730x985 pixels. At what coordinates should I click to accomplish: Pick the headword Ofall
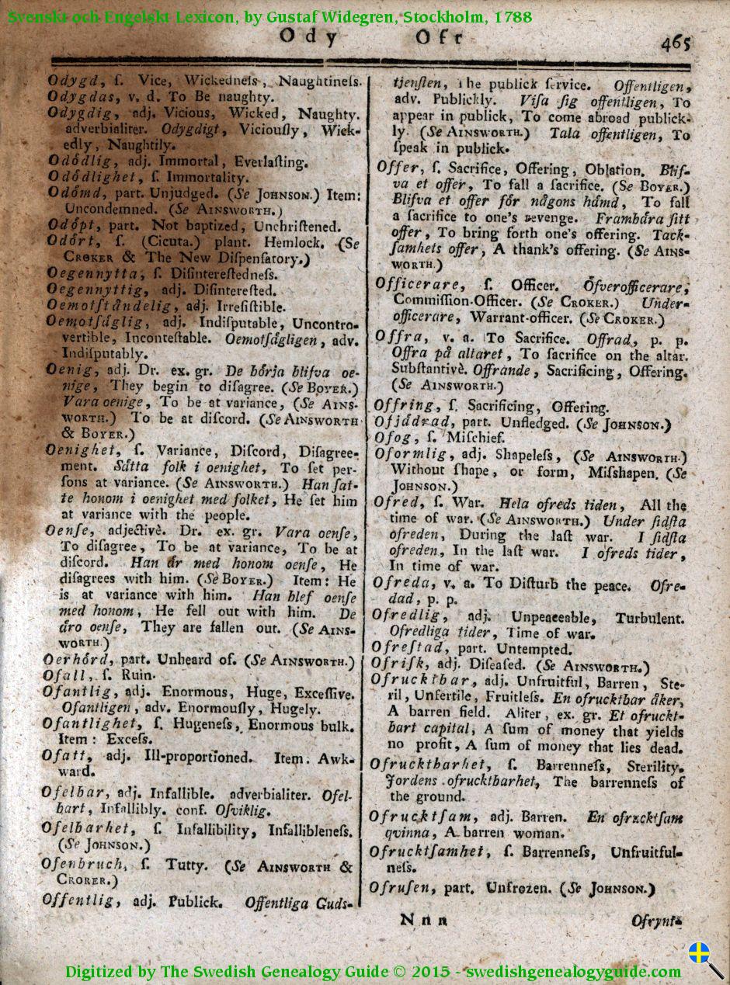tap(65, 676)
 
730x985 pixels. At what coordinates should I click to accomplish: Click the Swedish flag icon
tap(700, 952)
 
